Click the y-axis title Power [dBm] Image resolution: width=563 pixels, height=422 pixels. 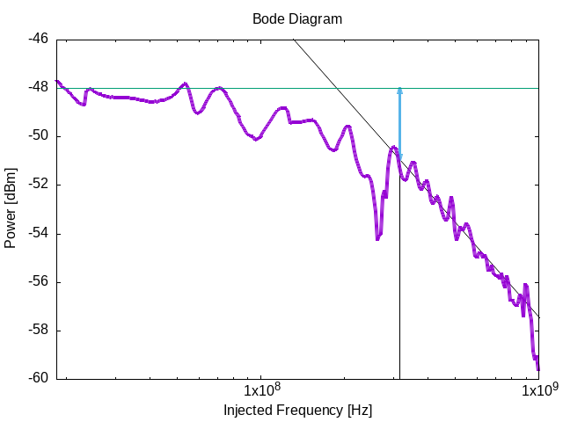(11, 207)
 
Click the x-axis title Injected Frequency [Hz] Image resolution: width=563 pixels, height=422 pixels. (297, 410)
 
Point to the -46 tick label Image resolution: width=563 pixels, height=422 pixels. (38, 39)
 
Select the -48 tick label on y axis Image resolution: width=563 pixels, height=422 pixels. (38, 87)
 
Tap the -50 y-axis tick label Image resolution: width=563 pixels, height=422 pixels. (38, 136)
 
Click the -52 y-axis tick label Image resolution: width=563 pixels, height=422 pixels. (38, 185)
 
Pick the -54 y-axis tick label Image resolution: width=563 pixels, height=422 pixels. (38, 233)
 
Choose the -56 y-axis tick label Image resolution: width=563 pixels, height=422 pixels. (38, 282)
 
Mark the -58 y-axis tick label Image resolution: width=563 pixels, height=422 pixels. (38, 331)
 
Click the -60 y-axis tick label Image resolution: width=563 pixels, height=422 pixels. (38, 379)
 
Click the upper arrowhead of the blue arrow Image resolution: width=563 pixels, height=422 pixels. (399, 91)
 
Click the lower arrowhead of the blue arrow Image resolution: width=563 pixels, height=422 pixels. (399, 157)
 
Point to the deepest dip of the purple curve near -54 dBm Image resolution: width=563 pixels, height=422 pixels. (377, 237)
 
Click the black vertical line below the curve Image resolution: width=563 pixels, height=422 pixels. (399, 281)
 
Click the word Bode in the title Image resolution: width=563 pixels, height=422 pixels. (267, 18)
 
